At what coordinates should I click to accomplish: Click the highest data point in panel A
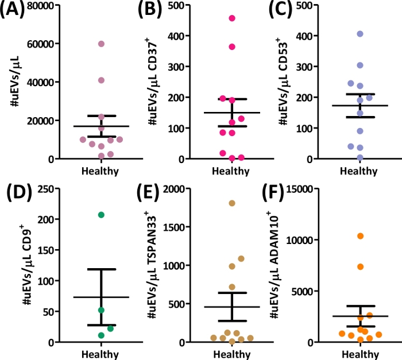pyautogui.click(x=101, y=44)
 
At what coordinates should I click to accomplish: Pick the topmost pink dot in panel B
pyautogui.click(x=232, y=18)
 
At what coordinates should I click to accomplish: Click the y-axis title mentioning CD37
pyautogui.click(x=155, y=80)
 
